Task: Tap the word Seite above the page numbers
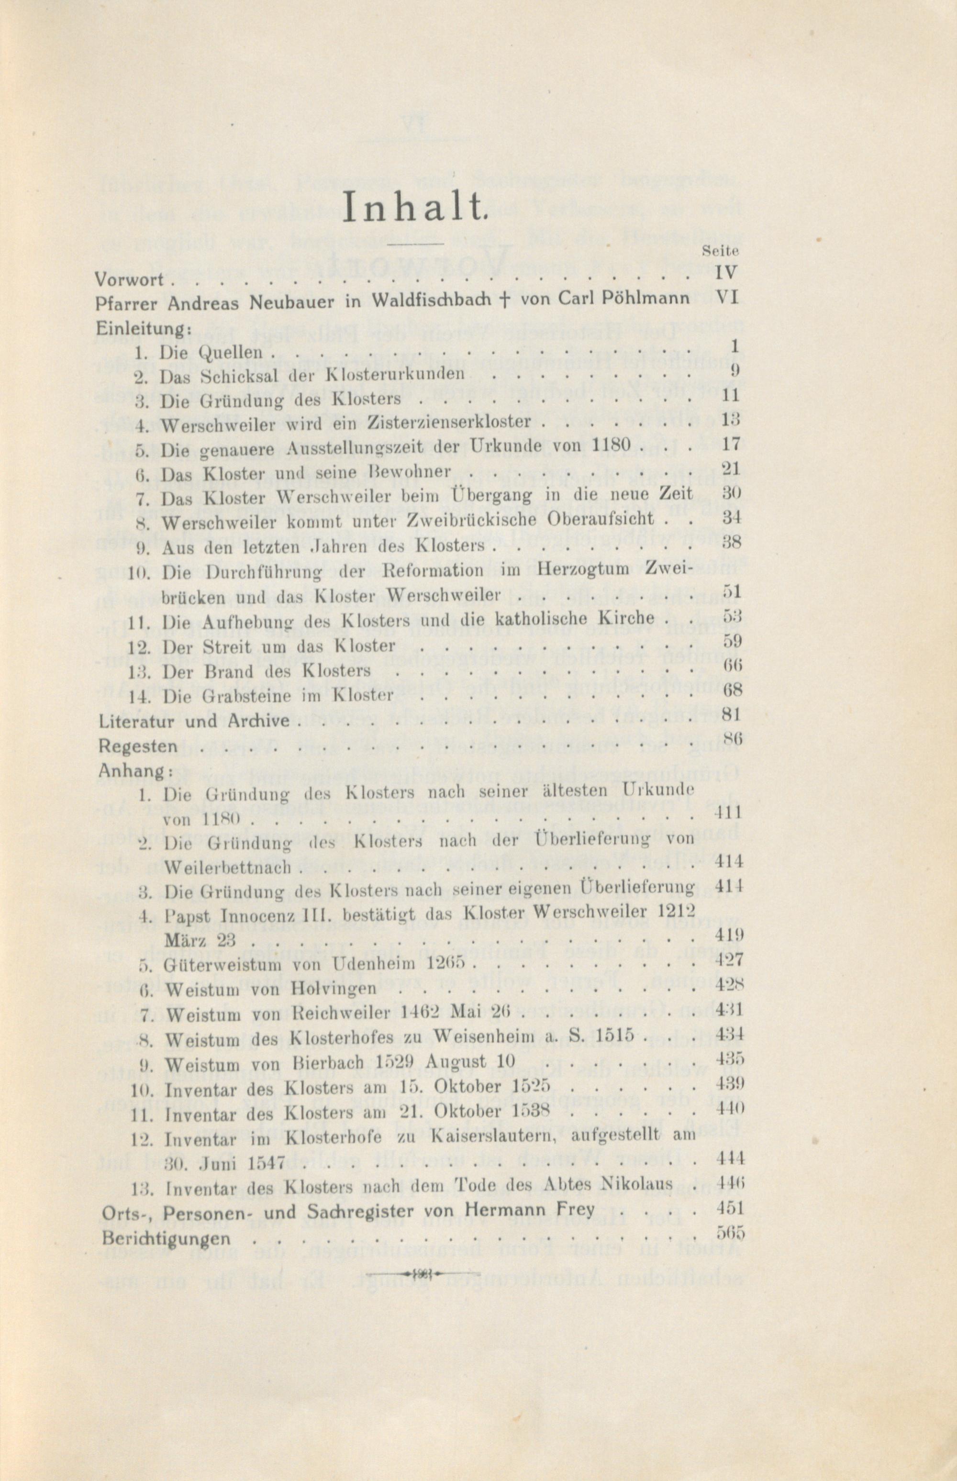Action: click(720, 252)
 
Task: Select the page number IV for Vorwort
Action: click(726, 273)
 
